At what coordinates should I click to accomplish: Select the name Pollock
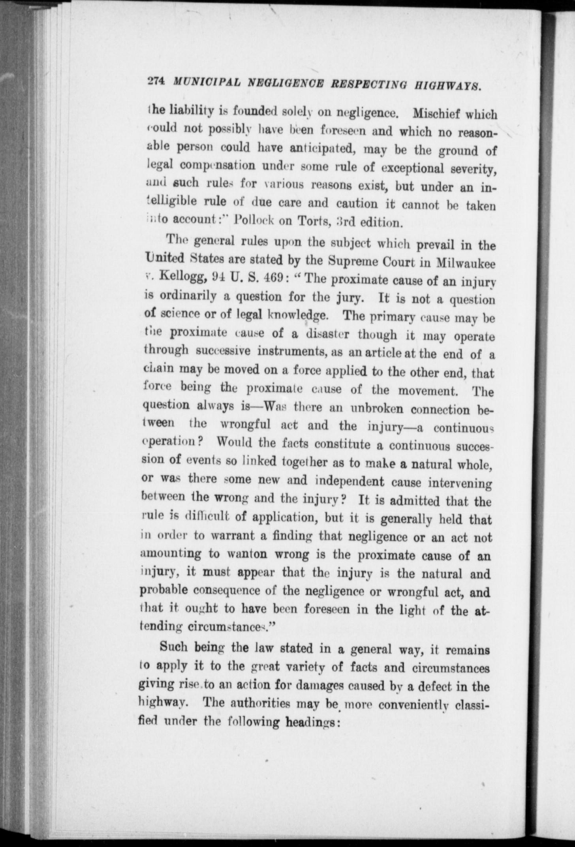point(251,220)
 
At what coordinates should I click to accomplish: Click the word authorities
point(258,704)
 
